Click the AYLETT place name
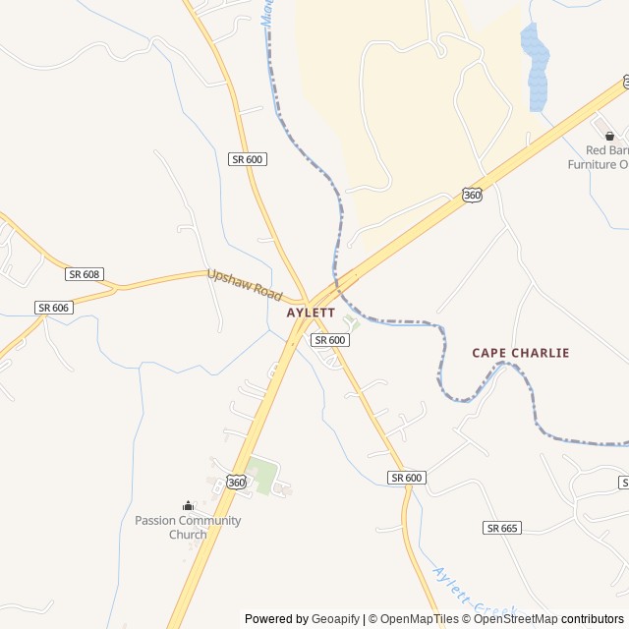[311, 313]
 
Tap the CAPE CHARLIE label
[520, 353]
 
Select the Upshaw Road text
[244, 285]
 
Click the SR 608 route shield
[85, 274]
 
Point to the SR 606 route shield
[54, 308]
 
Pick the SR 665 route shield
[502, 528]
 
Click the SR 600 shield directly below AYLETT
[329, 340]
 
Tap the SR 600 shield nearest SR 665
[406, 478]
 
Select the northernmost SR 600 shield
[248, 159]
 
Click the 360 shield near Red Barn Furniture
[472, 196]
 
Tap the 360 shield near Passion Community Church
[236, 482]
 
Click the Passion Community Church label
[188, 528]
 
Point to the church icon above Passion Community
[188, 505]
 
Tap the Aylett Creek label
[472, 596]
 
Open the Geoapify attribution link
[335, 619]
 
